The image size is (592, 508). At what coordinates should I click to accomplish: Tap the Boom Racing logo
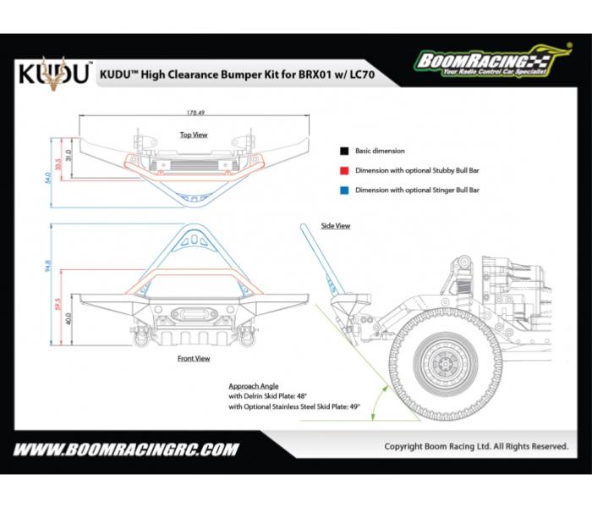482,61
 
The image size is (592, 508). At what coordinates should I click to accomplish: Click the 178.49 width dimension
195,112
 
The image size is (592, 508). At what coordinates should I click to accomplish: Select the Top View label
194,135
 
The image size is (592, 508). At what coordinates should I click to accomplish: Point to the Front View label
194,358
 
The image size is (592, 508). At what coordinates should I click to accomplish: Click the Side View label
336,226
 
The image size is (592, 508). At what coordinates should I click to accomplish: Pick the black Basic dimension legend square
343,151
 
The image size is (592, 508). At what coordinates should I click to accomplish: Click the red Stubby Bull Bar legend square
343,170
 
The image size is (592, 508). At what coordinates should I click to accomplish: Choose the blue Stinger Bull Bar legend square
343,190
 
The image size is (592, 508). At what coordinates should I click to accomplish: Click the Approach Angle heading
254,386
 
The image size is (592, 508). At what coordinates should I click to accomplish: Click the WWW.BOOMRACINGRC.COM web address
126,450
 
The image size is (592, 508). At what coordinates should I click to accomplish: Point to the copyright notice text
475,446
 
